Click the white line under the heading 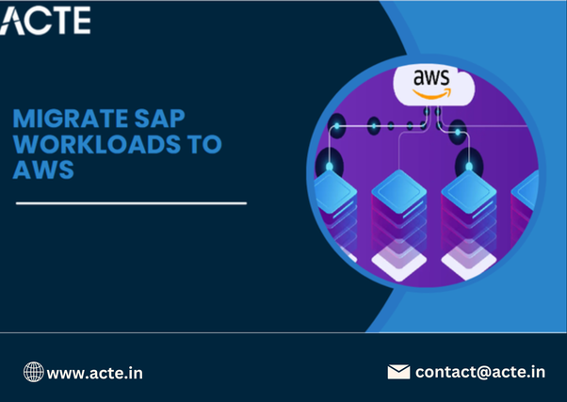[131, 202]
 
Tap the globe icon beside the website [33, 372]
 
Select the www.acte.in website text [95, 373]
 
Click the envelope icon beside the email [398, 371]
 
